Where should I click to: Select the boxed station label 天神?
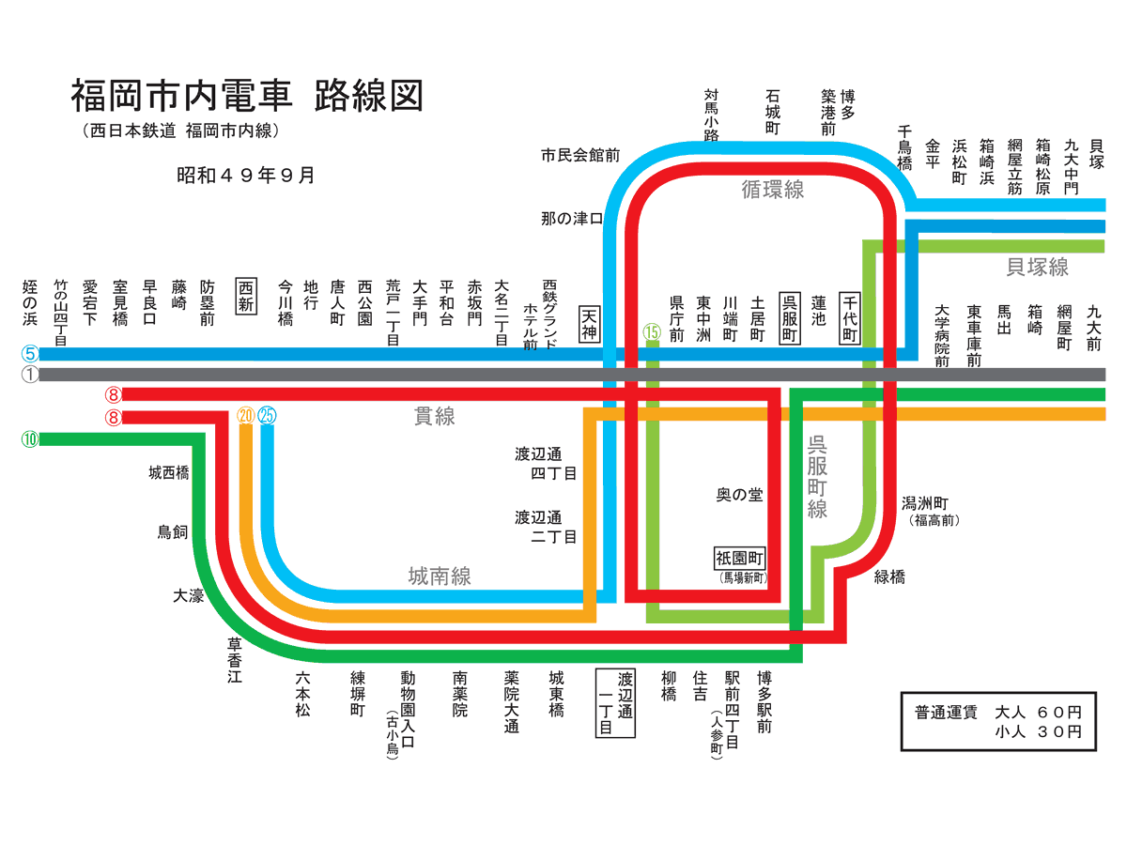(x=590, y=324)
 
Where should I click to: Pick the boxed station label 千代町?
(x=850, y=318)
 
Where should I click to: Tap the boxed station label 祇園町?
(x=741, y=558)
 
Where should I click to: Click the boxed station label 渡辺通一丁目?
(x=616, y=702)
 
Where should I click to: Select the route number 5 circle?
(x=30, y=355)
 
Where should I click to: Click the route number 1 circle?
(x=30, y=375)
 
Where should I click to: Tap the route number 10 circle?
(x=30, y=438)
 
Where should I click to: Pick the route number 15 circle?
(x=652, y=331)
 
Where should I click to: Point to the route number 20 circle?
(x=246, y=415)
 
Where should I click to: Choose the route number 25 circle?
(x=267, y=415)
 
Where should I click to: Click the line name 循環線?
(x=773, y=190)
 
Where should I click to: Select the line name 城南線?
(x=440, y=576)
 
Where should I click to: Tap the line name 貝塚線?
(x=1037, y=268)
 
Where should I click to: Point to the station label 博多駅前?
(x=764, y=700)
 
